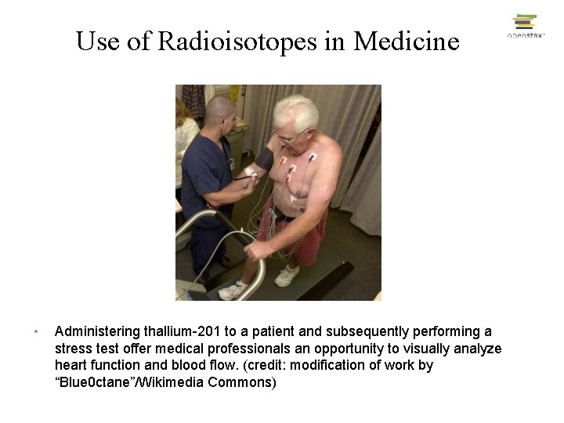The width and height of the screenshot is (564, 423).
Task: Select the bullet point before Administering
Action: click(36, 332)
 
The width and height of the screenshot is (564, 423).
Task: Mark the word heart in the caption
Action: click(72, 366)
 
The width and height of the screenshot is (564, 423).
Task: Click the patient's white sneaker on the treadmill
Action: click(287, 276)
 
